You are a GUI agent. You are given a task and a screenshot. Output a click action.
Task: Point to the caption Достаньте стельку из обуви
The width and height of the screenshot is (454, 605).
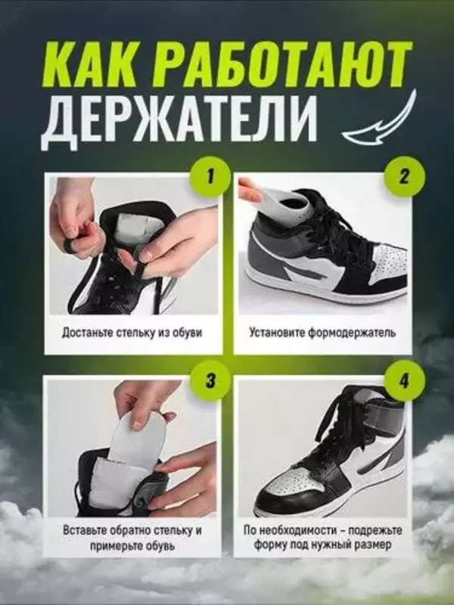click(x=132, y=332)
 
